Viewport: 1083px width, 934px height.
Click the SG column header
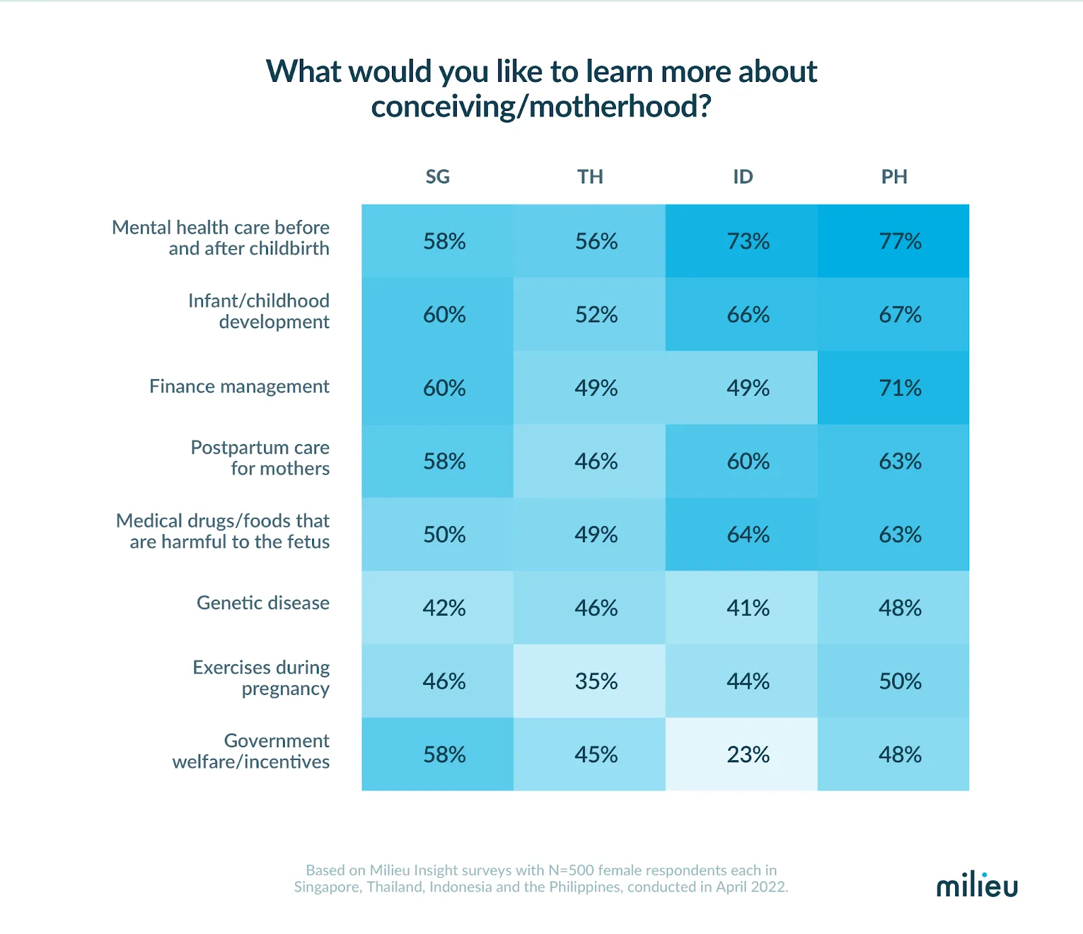(x=437, y=177)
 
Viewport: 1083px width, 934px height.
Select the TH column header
(x=590, y=177)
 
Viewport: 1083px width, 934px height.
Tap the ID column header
(x=743, y=177)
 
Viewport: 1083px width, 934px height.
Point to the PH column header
(x=893, y=177)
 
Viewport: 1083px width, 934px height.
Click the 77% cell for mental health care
(x=900, y=241)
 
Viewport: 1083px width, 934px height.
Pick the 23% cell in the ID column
(x=748, y=754)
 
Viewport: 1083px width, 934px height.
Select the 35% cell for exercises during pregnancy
(x=596, y=681)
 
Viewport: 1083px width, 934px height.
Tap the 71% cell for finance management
(x=900, y=388)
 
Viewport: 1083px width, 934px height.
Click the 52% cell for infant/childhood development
(x=596, y=315)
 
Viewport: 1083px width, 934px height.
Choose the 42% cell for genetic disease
(x=444, y=608)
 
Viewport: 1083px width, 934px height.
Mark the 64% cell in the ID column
(x=748, y=535)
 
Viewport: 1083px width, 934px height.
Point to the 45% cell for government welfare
(x=596, y=754)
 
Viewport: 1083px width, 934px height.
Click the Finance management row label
(x=239, y=386)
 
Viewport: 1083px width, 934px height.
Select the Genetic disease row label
(x=263, y=603)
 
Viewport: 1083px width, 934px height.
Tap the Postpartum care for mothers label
(x=260, y=458)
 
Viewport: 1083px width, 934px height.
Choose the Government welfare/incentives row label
(x=251, y=751)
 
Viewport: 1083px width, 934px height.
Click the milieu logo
(x=976, y=885)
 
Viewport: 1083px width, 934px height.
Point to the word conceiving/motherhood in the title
(x=541, y=107)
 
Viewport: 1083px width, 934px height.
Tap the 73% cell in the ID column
(x=748, y=241)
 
